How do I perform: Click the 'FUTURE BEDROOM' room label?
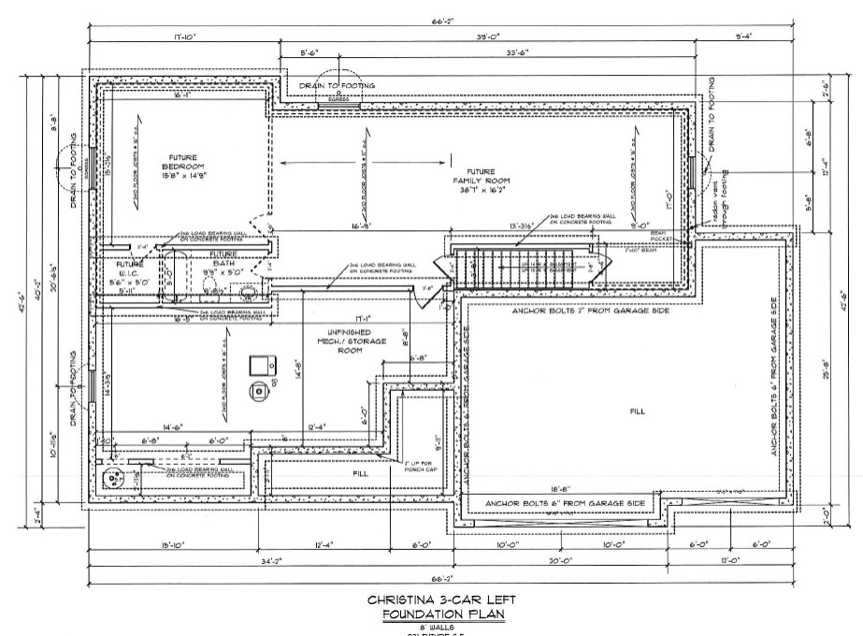(188, 164)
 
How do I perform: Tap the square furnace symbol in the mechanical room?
(259, 364)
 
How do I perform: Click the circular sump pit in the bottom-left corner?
(115, 479)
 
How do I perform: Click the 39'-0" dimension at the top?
(485, 37)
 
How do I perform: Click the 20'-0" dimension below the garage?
(560, 561)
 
